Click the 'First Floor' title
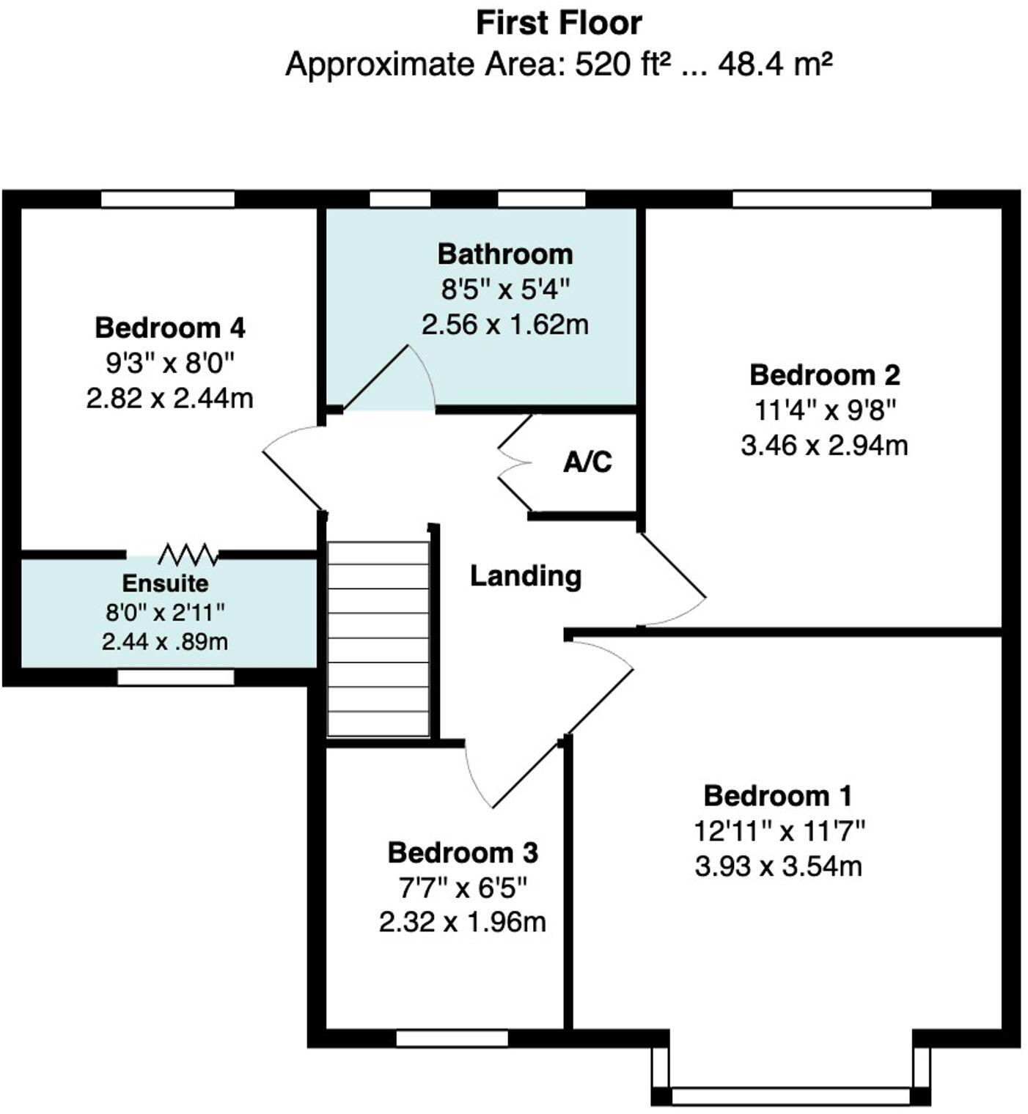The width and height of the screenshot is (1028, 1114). click(x=559, y=23)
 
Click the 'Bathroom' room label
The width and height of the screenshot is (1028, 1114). click(x=505, y=254)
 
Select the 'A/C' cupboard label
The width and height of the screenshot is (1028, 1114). click(x=587, y=462)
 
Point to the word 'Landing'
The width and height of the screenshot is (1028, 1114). click(x=526, y=576)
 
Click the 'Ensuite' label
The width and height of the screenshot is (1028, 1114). click(x=165, y=583)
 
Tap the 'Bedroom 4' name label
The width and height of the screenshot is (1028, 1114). click(x=169, y=328)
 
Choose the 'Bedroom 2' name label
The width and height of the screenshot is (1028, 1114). click(x=824, y=375)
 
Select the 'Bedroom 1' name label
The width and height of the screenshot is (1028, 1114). click(x=778, y=796)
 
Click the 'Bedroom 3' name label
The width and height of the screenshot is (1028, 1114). click(x=463, y=853)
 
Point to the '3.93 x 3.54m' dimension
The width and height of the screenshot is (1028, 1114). click(x=778, y=867)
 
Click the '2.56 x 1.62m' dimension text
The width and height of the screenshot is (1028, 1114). click(x=504, y=325)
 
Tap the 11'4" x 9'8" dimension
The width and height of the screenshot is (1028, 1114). click(x=825, y=410)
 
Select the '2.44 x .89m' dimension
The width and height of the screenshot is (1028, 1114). click(x=165, y=642)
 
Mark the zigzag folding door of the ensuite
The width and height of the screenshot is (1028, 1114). click(x=188, y=555)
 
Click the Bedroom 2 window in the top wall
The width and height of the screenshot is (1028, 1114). click(x=831, y=199)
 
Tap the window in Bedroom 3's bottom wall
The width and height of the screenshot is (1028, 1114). click(x=452, y=1039)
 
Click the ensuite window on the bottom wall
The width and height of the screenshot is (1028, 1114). click(x=175, y=678)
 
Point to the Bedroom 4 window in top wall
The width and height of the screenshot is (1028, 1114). click(x=168, y=199)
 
